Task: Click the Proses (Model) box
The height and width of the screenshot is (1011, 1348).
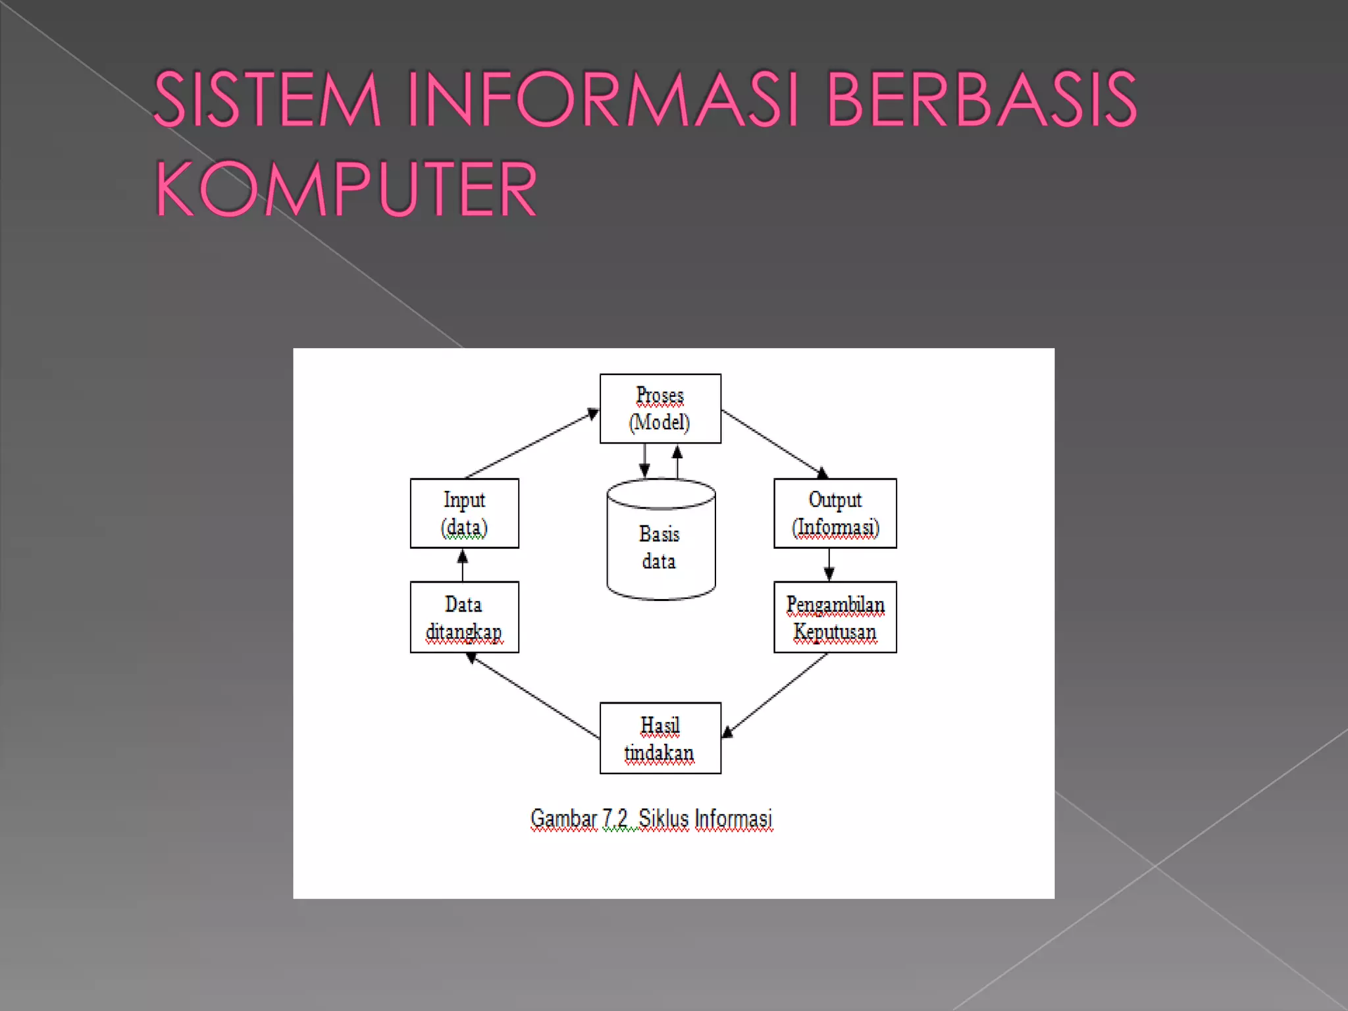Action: click(660, 409)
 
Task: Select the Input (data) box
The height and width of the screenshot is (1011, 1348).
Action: click(464, 513)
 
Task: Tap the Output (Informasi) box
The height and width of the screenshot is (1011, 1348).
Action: click(835, 513)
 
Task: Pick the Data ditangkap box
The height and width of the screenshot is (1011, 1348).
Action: click(464, 617)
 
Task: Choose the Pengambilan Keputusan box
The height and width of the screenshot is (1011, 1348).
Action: click(835, 617)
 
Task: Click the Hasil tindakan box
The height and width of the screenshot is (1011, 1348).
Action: click(660, 738)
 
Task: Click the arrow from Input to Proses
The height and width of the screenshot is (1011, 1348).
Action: click(531, 444)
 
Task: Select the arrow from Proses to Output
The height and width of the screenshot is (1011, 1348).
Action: click(774, 443)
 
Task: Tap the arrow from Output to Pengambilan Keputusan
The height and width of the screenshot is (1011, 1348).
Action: click(829, 564)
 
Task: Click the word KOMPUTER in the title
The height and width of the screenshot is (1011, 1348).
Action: click(346, 190)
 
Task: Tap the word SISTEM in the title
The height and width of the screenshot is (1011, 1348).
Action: click(267, 100)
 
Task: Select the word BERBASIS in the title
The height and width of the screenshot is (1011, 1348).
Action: click(981, 100)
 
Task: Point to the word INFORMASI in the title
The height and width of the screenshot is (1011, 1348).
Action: click(602, 100)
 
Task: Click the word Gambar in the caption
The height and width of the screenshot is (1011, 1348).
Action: click(563, 819)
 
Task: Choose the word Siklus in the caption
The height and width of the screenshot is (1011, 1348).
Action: click(663, 819)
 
